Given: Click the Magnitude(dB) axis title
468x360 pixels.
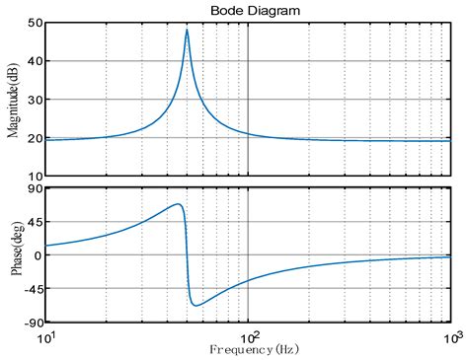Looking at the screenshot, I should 13,99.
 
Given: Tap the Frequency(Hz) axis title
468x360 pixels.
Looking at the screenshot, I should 248,349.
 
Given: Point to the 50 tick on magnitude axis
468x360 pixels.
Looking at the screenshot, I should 35,23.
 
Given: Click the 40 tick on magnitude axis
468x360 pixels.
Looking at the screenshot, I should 35,61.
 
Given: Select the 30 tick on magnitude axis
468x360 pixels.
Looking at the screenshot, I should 35,100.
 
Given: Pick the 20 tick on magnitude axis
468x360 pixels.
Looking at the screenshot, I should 35,138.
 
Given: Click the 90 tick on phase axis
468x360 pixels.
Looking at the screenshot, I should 35,187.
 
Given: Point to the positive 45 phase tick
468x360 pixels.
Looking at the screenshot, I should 35,221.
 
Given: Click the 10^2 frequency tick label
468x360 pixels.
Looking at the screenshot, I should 248,338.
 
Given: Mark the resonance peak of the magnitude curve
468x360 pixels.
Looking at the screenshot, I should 187,30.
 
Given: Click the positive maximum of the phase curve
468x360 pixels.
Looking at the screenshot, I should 178,204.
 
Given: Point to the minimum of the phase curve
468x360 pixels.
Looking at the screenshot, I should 195,305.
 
